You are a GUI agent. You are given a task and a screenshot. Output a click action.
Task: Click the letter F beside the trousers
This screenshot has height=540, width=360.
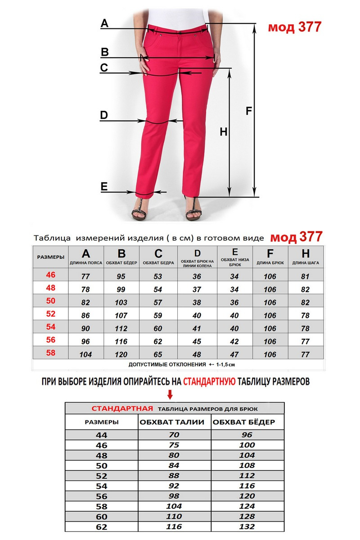pyautogui.click(x=248, y=111)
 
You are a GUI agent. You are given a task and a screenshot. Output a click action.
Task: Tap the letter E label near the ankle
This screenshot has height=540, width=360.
pyautogui.click(x=104, y=186)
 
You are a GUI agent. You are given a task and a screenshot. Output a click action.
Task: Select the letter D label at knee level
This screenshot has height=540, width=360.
pyautogui.click(x=104, y=115)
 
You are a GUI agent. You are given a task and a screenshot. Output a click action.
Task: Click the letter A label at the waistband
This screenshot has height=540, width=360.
pyautogui.click(x=104, y=23)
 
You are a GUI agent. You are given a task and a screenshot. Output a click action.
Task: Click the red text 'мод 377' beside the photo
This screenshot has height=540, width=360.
pyautogui.click(x=295, y=27)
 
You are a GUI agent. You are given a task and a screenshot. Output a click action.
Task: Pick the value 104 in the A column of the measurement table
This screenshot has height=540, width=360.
pyautogui.click(x=85, y=355)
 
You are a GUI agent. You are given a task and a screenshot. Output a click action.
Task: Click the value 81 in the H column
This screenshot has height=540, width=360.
pyautogui.click(x=305, y=276)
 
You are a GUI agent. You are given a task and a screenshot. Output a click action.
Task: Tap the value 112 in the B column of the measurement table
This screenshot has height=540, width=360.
pyautogui.click(x=121, y=328)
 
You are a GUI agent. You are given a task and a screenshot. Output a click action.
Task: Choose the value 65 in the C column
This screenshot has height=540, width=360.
pyautogui.click(x=158, y=355)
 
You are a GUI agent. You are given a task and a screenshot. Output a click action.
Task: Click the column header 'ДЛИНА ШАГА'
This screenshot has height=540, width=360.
pyautogui.click(x=305, y=262)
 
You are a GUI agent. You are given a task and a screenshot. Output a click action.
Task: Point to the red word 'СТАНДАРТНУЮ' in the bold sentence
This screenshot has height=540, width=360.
pyautogui.click(x=209, y=382)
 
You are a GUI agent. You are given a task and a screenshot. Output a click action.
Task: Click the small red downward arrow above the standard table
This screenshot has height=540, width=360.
pyautogui.click(x=170, y=395)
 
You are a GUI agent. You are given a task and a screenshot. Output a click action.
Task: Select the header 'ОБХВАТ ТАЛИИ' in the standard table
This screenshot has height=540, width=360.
pyautogui.click(x=172, y=422)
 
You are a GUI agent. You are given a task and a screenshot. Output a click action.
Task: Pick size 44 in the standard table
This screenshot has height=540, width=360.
pyautogui.click(x=102, y=435)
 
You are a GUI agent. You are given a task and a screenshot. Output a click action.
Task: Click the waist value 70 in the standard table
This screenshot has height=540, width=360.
pyautogui.click(x=174, y=435)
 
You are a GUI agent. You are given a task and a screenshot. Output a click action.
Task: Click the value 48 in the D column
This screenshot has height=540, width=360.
pyautogui.click(x=197, y=355)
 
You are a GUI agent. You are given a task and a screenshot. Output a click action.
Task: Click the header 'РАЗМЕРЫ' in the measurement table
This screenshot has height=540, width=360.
pyautogui.click(x=50, y=257)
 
